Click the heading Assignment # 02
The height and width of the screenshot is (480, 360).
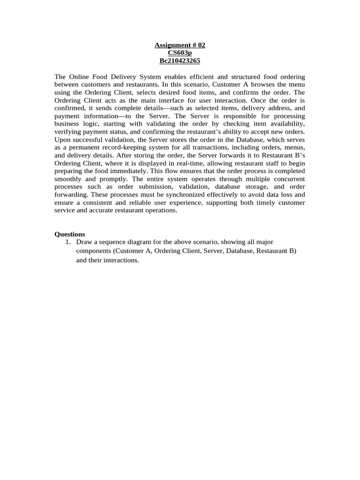pos(180,45)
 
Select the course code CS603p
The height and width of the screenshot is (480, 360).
pos(180,53)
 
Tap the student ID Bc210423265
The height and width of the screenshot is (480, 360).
pos(180,60)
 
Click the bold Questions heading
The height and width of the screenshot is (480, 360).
pos(70,234)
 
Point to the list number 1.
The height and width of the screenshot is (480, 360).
pos(68,242)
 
